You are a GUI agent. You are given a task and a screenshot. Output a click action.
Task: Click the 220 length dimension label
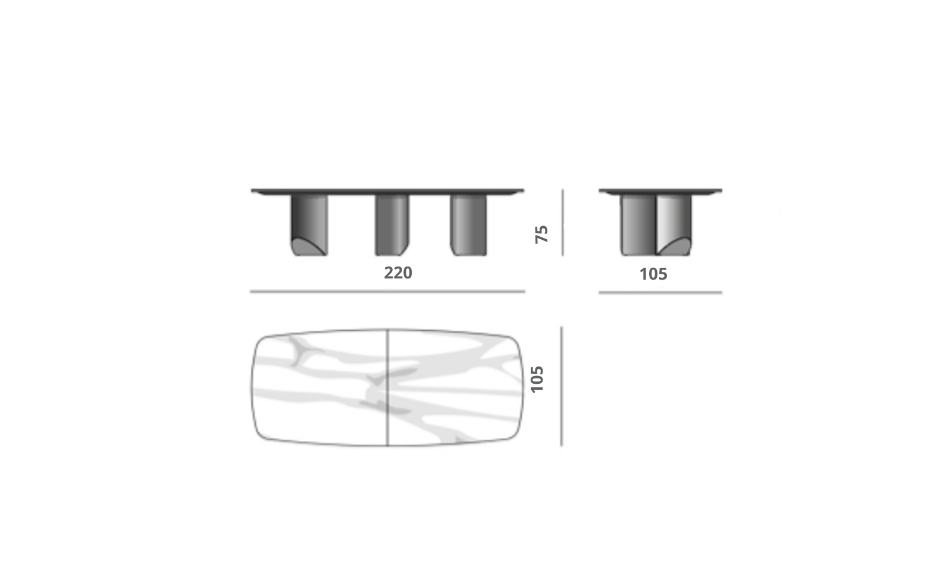[x=398, y=273]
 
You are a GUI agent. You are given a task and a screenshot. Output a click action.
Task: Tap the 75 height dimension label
[x=541, y=234]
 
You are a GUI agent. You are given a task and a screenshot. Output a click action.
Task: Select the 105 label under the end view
[x=653, y=274]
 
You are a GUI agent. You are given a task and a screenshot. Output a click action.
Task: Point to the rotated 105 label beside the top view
[x=537, y=379]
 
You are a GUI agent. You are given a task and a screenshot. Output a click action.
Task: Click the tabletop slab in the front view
[x=387, y=192]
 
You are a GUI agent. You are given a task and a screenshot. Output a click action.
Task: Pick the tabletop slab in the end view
[x=660, y=192]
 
